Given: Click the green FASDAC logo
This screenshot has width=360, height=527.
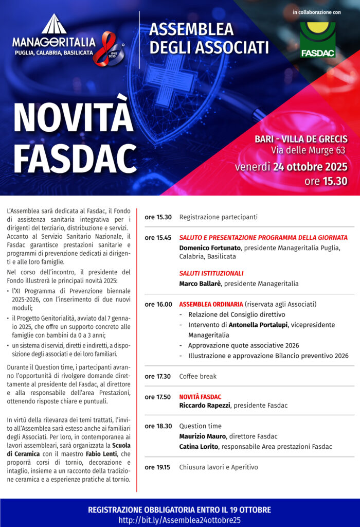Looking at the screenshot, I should [x=318, y=40].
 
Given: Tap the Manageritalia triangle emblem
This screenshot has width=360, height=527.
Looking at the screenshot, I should [x=54, y=25].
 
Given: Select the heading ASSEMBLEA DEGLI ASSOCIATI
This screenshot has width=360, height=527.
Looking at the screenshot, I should [x=209, y=38].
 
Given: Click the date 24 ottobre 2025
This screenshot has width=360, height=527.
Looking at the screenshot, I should [x=310, y=167].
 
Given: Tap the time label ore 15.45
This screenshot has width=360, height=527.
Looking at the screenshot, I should [x=158, y=238].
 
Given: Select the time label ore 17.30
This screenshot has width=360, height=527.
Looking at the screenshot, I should [x=158, y=376].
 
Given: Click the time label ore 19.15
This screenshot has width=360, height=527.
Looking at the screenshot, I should [x=157, y=467].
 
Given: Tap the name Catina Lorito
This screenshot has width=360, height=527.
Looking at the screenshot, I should [x=198, y=446].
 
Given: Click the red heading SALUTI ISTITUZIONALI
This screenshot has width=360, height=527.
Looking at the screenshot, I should [x=211, y=273].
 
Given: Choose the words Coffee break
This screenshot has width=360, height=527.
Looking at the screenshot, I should [x=197, y=376].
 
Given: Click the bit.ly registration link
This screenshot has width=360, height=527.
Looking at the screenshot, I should [x=179, y=520].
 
